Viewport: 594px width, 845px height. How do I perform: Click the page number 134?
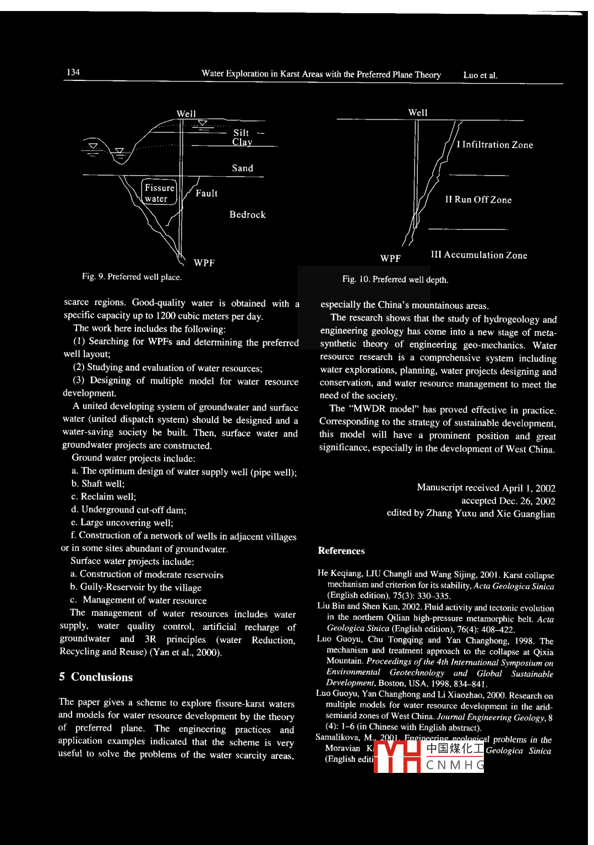pyautogui.click(x=73, y=72)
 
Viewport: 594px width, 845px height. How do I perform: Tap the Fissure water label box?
pyautogui.click(x=159, y=193)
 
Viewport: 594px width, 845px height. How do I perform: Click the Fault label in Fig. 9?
pyautogui.click(x=206, y=193)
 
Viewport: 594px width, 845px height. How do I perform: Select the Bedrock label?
pyautogui.click(x=247, y=215)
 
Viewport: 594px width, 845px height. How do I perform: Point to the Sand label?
pyautogui.click(x=242, y=168)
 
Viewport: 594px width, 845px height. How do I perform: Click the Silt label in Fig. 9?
pyautogui.click(x=241, y=133)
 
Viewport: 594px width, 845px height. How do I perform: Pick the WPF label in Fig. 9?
pyautogui.click(x=204, y=263)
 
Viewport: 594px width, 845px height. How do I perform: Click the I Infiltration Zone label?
pyautogui.click(x=494, y=145)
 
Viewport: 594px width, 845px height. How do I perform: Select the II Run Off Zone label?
pyautogui.click(x=478, y=200)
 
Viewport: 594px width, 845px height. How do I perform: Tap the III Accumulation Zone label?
pyautogui.click(x=478, y=255)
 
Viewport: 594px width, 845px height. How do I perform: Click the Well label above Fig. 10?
pyautogui.click(x=418, y=112)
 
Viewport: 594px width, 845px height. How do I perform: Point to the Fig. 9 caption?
pyautogui.click(x=132, y=276)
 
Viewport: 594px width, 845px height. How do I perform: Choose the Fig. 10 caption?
pyautogui.click(x=395, y=279)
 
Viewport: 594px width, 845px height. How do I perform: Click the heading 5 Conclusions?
pyautogui.click(x=96, y=677)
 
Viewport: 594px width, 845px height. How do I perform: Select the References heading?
pyautogui.click(x=341, y=550)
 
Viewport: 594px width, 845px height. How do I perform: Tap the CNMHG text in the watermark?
pyautogui.click(x=455, y=765)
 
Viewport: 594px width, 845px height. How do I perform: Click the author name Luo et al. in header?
pyautogui.click(x=480, y=75)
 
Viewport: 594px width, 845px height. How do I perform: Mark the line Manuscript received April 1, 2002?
pyautogui.click(x=486, y=488)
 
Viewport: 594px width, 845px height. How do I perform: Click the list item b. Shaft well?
pyautogui.click(x=97, y=483)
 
